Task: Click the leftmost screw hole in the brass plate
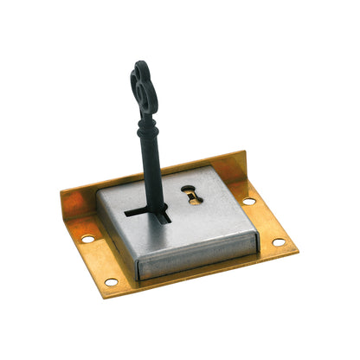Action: tap(87, 238)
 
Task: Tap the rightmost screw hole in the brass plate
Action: tap(279, 241)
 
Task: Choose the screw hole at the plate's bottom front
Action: tap(112, 282)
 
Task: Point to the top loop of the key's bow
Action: tap(139, 67)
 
